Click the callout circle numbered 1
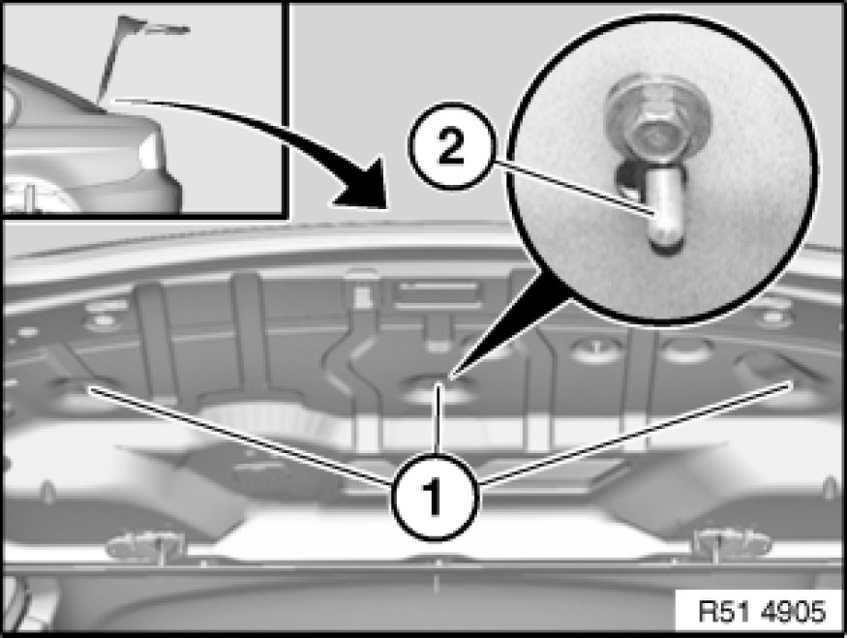point(435,497)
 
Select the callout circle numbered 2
point(452,146)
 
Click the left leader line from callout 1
point(241,436)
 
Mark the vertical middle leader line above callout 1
point(439,417)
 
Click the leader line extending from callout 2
point(574,189)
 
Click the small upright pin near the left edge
point(48,491)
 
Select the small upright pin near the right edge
point(831,488)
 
